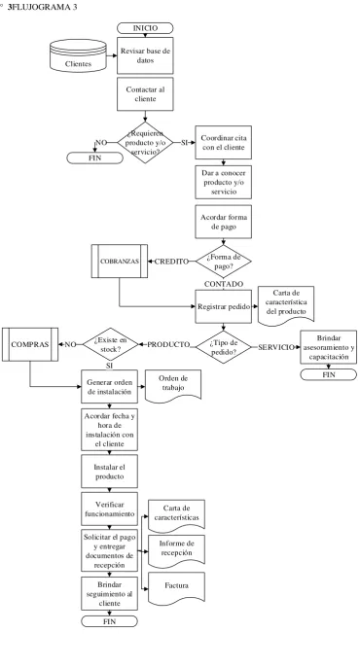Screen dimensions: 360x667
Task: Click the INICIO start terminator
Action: point(145,28)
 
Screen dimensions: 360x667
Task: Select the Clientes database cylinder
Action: point(78,55)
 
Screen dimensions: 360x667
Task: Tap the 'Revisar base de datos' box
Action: point(145,55)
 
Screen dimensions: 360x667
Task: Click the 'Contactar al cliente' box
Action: point(145,94)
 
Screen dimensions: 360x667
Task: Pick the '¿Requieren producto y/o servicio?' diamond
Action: point(145,143)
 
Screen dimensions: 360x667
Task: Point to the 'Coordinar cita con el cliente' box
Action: point(224,143)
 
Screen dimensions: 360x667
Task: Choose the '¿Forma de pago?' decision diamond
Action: point(224,262)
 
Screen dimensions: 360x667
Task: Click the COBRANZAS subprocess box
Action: point(120,262)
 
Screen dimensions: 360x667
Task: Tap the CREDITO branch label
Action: point(171,262)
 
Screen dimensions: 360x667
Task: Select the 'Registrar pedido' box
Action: point(224,306)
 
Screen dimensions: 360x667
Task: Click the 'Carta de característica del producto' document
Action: point(286,306)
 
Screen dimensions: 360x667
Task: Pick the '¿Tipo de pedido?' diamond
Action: point(224,347)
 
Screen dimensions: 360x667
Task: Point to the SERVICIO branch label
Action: point(276,347)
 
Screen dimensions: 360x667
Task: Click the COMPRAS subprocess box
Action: point(30,344)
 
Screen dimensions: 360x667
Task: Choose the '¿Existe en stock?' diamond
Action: point(111,344)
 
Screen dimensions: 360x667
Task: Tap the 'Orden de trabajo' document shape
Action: point(173,385)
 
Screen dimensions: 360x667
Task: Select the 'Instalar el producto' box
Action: point(109,472)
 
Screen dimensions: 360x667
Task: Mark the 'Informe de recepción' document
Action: point(177,551)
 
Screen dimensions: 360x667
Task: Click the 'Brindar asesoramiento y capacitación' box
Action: point(329,347)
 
